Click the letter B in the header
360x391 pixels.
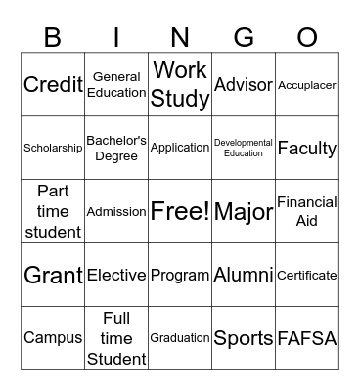[53, 37]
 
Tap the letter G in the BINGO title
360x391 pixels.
[244, 37]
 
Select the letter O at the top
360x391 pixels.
[307, 37]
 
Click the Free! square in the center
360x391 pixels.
[180, 211]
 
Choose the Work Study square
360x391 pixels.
[180, 84]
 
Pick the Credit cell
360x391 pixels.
[53, 84]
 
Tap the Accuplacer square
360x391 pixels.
[307, 85]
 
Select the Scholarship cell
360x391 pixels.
[53, 148]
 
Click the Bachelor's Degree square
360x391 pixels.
[116, 148]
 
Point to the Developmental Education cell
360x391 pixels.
[244, 148]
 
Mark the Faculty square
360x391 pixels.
[307, 148]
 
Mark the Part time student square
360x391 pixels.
[53, 211]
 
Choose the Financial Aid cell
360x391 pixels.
[307, 211]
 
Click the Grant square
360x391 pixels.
[53, 275]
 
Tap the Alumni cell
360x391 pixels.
[244, 275]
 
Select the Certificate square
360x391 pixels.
[307, 275]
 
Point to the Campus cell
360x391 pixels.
[53, 338]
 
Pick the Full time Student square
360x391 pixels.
[116, 338]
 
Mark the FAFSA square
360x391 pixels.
[307, 338]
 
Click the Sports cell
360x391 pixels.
[244, 338]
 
